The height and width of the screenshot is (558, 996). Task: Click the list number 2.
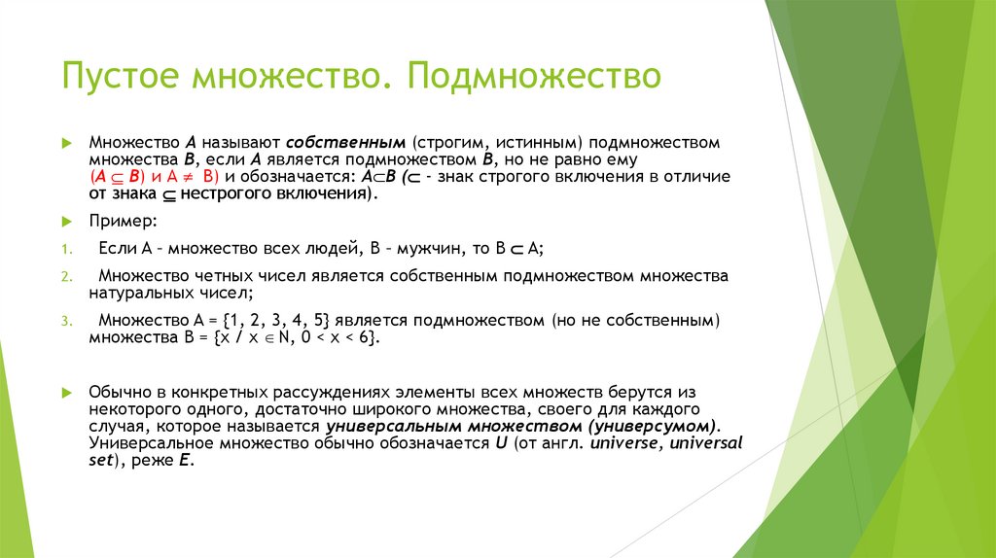coord(64,276)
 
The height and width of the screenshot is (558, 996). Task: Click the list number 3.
coord(64,321)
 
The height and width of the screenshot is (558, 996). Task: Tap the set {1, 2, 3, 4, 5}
coord(289,320)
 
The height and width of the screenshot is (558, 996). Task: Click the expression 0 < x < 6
coord(336,336)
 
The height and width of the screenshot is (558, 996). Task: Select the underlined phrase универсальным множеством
coord(451,426)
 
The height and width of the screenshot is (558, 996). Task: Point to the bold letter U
coord(502,443)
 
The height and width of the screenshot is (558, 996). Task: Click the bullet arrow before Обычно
coord(66,392)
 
